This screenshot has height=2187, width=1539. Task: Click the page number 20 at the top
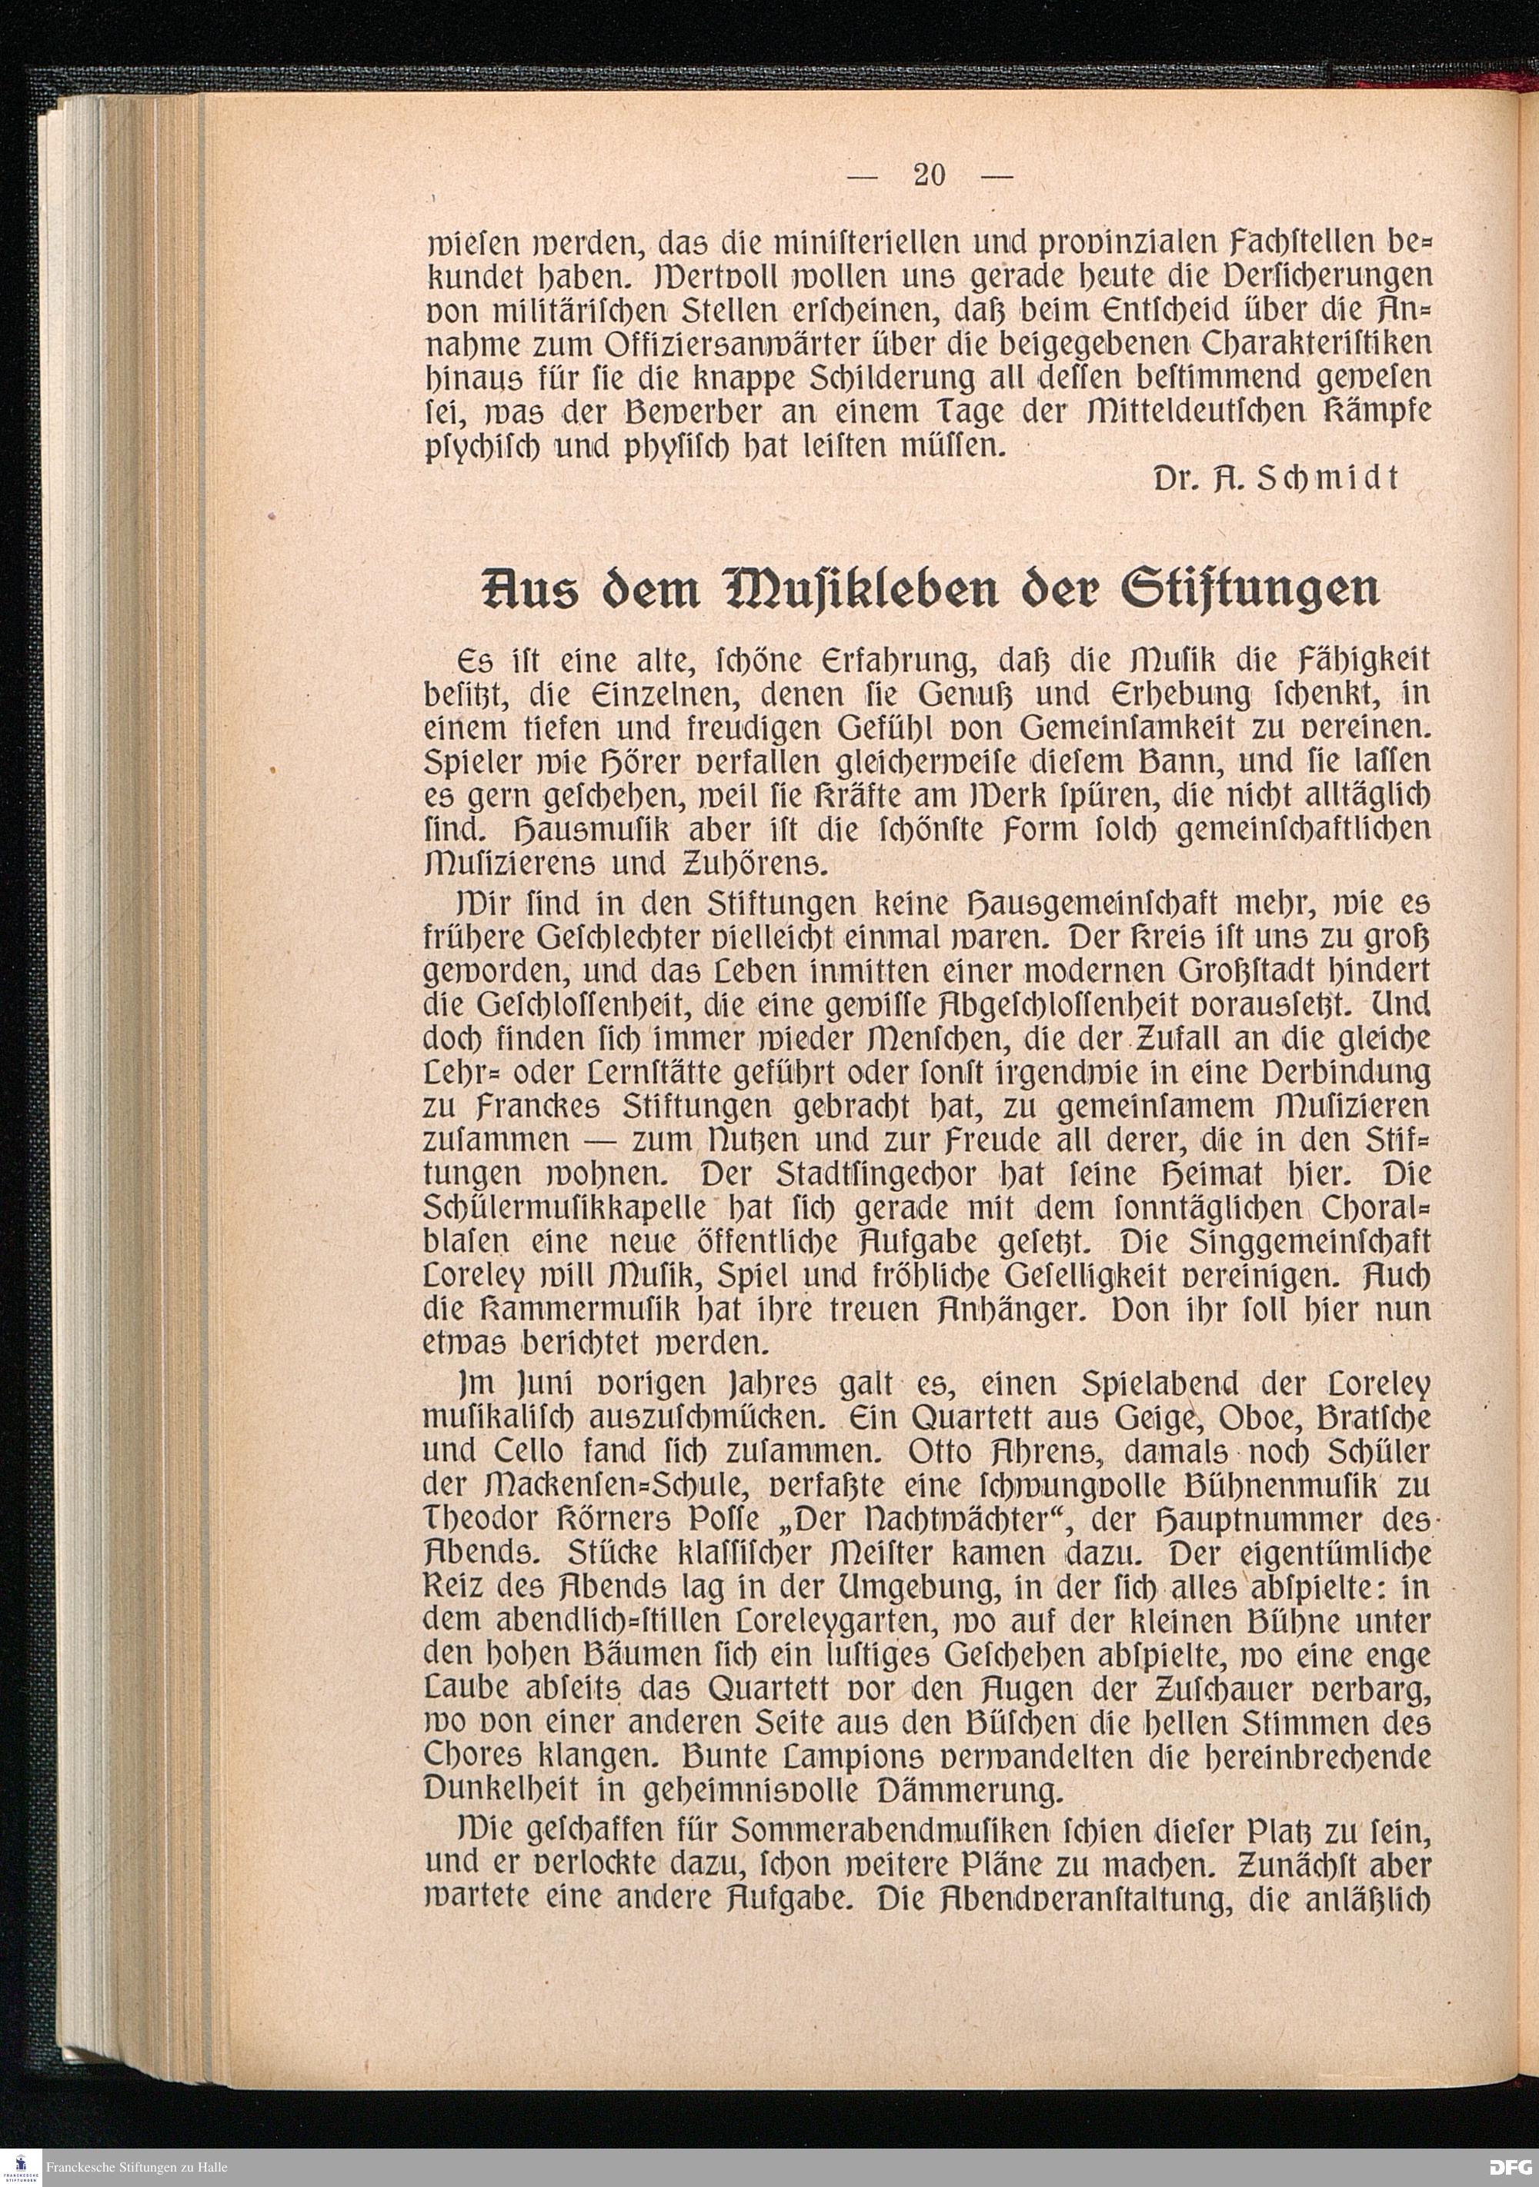[928, 175]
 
